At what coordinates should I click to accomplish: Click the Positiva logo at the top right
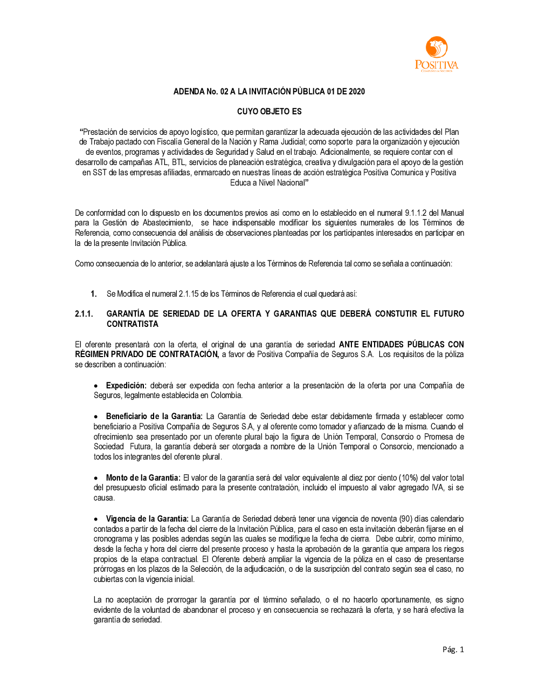(436, 54)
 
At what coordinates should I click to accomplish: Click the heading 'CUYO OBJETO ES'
(269, 112)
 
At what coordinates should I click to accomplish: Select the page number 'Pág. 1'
(453, 649)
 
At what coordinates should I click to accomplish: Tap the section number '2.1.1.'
(84, 314)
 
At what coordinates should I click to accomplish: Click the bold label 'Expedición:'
(126, 386)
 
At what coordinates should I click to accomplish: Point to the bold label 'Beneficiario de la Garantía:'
(154, 416)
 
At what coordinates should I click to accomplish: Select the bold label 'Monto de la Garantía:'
(143, 478)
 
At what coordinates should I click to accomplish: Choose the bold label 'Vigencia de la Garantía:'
(147, 519)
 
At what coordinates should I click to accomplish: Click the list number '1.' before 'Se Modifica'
(94, 294)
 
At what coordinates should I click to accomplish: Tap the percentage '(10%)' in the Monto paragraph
(408, 478)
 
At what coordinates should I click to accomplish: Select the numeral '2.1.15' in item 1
(189, 294)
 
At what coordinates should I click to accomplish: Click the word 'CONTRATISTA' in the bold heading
(132, 324)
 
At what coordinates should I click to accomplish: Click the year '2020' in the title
(356, 92)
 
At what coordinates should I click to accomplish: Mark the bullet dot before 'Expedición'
(96, 386)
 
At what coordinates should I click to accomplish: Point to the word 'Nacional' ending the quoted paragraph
(290, 183)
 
